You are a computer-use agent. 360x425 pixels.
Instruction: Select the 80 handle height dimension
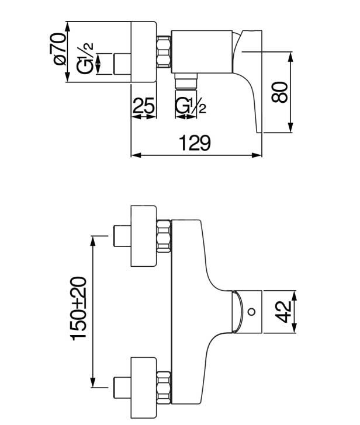click(280, 92)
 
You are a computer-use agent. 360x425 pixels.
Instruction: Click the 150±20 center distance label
click(78, 309)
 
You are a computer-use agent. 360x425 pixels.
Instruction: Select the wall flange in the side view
click(144, 52)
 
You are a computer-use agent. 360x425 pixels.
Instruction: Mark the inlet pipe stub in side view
click(120, 63)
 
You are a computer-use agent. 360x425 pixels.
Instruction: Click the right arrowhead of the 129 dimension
click(258, 155)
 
